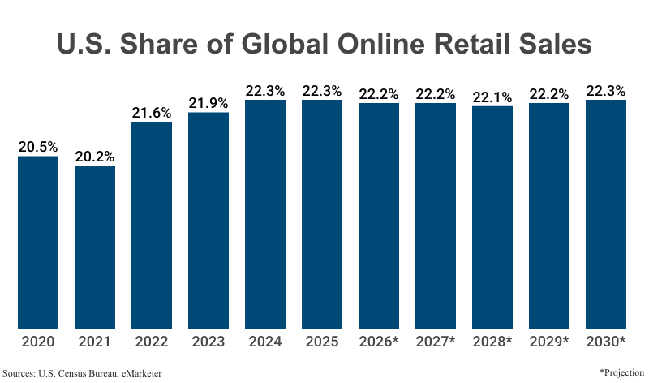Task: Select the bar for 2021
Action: click(x=95, y=247)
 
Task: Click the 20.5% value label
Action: click(x=38, y=147)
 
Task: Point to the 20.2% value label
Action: click(x=95, y=157)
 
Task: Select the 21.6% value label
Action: click(x=152, y=113)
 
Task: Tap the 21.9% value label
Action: click(x=208, y=103)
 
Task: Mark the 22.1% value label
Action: click(x=492, y=97)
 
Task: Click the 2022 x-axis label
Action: click(x=152, y=342)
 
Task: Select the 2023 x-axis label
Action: click(x=208, y=342)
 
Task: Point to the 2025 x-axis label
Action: click(x=322, y=342)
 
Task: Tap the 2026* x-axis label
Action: click(x=379, y=342)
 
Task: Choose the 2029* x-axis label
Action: click(x=549, y=342)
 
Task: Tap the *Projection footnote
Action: click(x=622, y=371)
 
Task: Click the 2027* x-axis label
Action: click(x=436, y=342)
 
